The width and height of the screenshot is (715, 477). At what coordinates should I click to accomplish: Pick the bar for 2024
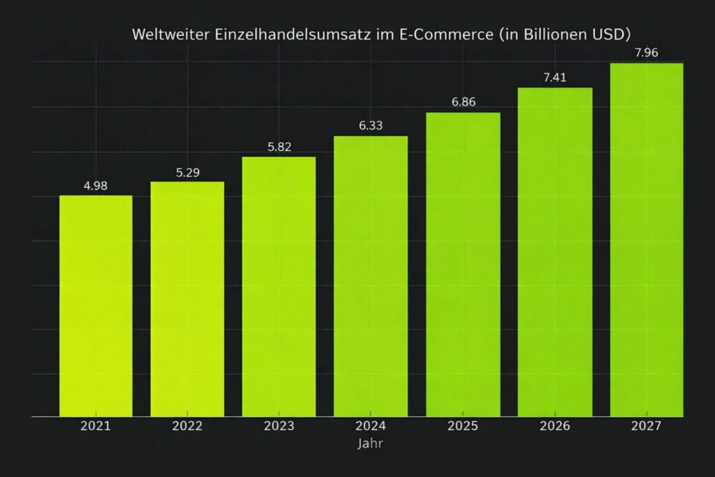[x=371, y=276]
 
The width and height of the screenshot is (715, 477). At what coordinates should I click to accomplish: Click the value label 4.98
[x=96, y=186]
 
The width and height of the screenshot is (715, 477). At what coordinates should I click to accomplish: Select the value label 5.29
[x=187, y=173]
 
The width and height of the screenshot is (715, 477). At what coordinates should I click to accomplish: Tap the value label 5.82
[x=279, y=147]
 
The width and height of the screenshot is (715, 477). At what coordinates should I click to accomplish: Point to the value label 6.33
[x=371, y=126]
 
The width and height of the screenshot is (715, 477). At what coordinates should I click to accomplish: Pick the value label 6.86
[x=463, y=102]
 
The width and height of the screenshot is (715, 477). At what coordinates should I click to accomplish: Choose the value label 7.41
[x=555, y=78]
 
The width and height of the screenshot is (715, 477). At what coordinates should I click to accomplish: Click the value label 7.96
[x=647, y=52]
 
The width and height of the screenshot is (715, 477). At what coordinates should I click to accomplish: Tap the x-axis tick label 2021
[x=96, y=426]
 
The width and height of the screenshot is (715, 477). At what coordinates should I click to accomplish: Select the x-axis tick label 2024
[x=371, y=426]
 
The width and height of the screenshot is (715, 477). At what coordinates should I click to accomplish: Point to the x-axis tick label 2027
[x=647, y=426]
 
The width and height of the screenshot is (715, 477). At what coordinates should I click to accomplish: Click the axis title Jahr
[x=370, y=443]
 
